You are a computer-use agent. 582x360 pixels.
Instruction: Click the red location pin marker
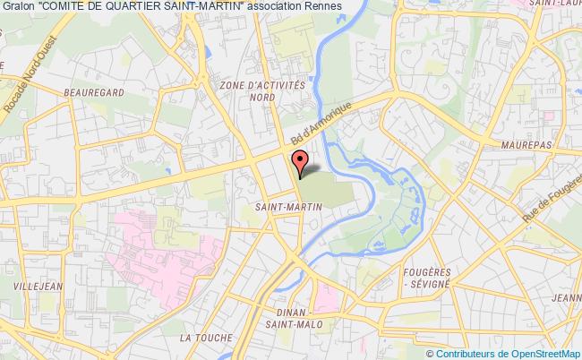click(300, 162)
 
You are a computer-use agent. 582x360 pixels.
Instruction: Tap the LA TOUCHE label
click(205, 338)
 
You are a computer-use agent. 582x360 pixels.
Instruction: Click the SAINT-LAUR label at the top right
click(553, 4)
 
